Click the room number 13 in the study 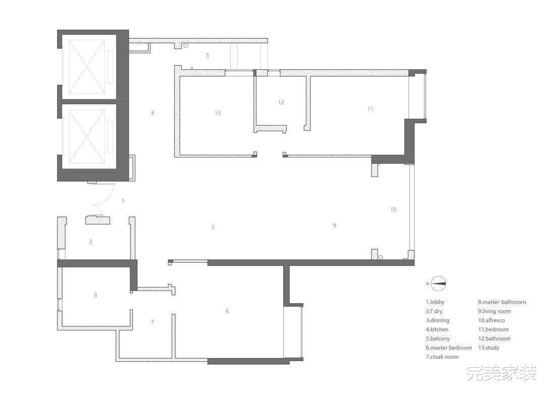[x=217, y=113]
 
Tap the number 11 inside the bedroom [x=370, y=109]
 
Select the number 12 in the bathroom [x=281, y=102]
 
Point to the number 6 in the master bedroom [x=227, y=311]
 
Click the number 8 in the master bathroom [x=95, y=295]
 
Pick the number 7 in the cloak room [x=152, y=322]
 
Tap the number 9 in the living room [x=335, y=226]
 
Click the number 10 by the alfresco [x=393, y=209]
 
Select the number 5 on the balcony [x=207, y=55]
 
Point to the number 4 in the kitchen [x=152, y=113]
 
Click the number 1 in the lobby [x=123, y=200]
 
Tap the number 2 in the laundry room [x=91, y=242]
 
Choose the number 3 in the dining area [x=213, y=227]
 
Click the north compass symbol [x=439, y=284]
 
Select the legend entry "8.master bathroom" [x=502, y=302]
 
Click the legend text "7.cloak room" [x=442, y=357]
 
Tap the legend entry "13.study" [x=488, y=348]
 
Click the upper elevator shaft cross [x=87, y=67]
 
